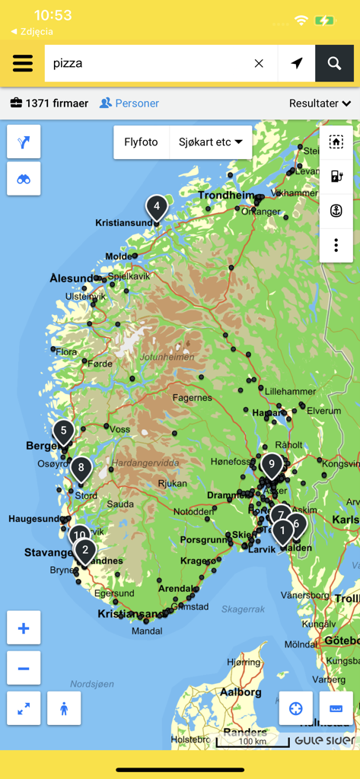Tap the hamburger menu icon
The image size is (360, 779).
click(x=23, y=63)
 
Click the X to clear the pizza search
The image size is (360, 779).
click(x=259, y=63)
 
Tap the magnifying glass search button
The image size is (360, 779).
click(x=334, y=63)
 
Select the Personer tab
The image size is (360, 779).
click(x=129, y=103)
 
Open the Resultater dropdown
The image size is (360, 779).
click(x=320, y=103)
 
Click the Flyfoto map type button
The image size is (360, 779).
click(x=141, y=142)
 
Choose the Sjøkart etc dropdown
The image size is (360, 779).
click(x=210, y=142)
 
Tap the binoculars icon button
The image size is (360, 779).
click(x=24, y=179)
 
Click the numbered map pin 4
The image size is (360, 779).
click(x=156, y=206)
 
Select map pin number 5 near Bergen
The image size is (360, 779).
click(x=63, y=431)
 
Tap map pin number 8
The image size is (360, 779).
click(x=81, y=467)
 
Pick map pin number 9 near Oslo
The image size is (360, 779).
click(x=271, y=463)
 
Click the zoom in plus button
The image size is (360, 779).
click(x=24, y=628)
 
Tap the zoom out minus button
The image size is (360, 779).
click(x=24, y=669)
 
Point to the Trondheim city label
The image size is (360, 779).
click(x=226, y=196)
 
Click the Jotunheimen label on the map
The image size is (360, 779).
click(x=167, y=357)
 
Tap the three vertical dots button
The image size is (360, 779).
click(x=336, y=245)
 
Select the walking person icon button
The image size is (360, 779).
click(x=64, y=708)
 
